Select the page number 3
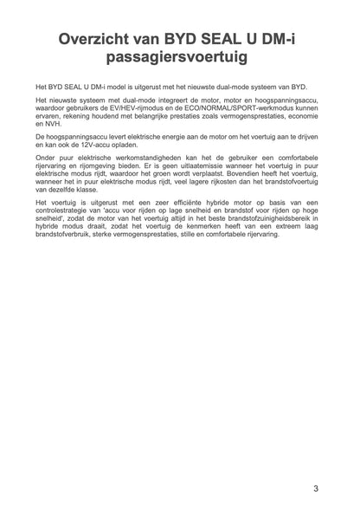click(316, 490)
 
